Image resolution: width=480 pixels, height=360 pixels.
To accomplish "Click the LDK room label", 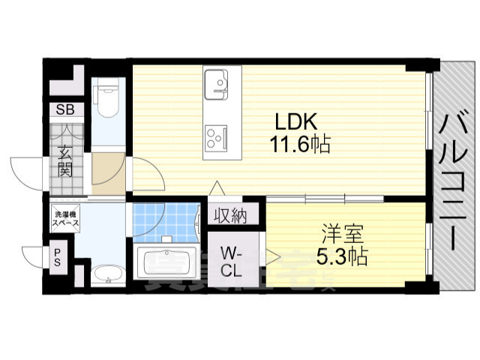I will [x=296, y=121].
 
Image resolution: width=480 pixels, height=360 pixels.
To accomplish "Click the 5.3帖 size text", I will [x=341, y=257].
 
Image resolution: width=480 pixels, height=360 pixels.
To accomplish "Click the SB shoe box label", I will [x=62, y=109].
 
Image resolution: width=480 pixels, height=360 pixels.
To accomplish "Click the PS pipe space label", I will [x=57, y=256].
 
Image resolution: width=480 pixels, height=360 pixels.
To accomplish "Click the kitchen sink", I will [x=216, y=82].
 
